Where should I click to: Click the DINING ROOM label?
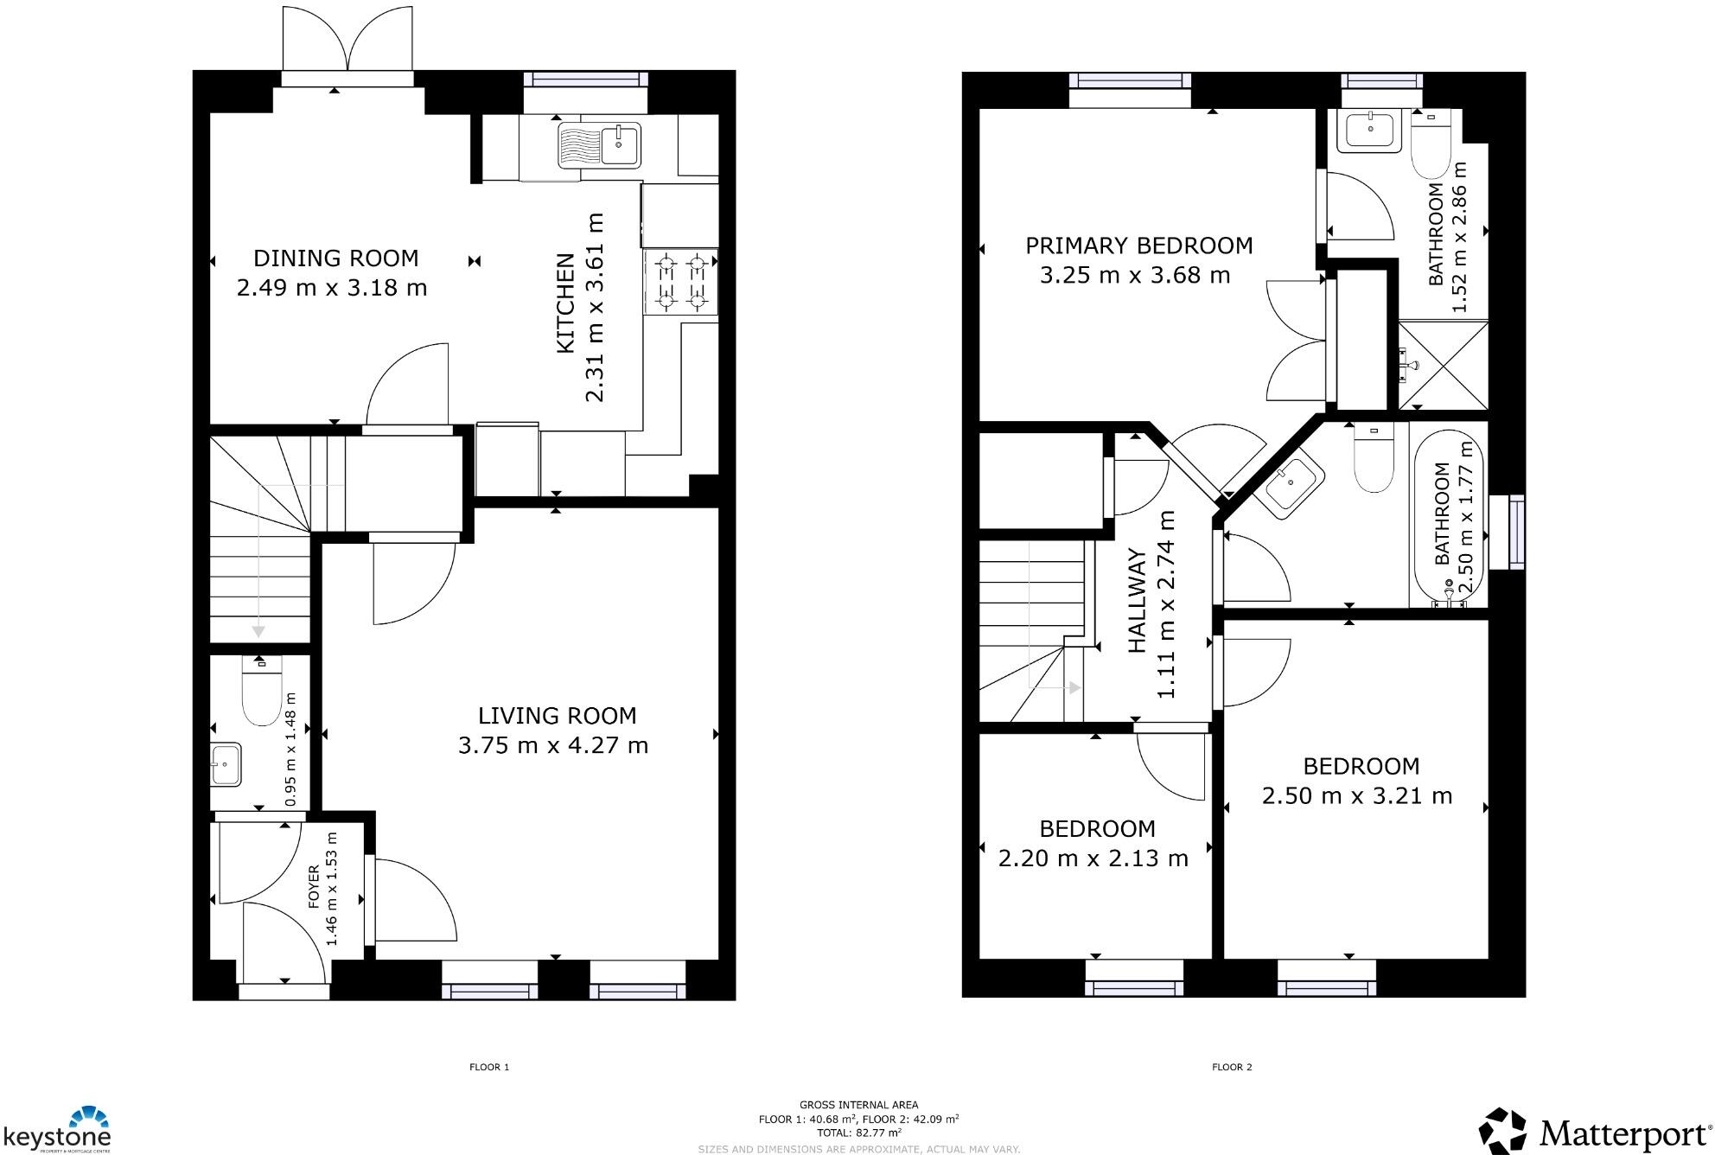335,258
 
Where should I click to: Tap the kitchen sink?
599,144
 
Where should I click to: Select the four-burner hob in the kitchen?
680,282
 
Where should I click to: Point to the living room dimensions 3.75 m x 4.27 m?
553,745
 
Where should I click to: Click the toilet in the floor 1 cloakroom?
260,692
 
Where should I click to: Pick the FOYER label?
314,886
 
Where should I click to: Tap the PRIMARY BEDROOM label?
1138,246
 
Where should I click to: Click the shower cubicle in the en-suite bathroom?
1443,366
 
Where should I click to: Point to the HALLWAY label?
1138,601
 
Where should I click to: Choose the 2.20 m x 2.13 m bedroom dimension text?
1093,858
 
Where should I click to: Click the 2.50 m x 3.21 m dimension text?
1356,796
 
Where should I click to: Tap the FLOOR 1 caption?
489,1067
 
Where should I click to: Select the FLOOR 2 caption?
1232,1067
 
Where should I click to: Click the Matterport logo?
1595,1132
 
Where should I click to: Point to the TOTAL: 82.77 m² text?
858,1133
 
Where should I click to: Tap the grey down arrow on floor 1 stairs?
258,631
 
